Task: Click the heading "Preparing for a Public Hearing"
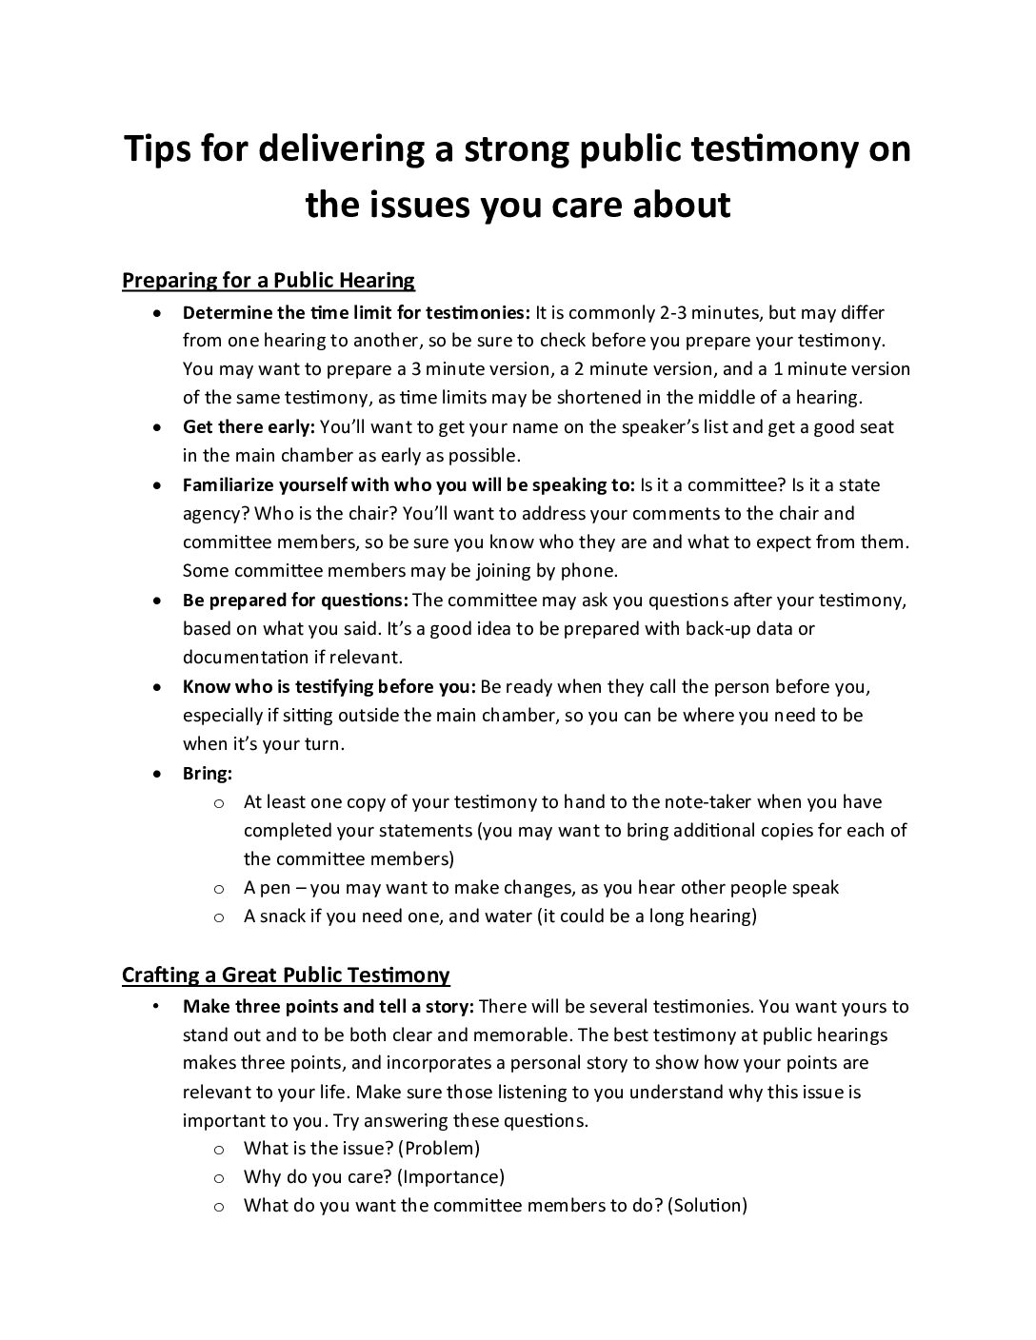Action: [x=269, y=281]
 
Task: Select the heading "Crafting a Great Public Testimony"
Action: [x=286, y=975]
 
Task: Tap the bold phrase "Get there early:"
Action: [x=249, y=427]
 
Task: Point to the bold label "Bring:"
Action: [x=208, y=774]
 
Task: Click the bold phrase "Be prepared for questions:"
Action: [x=295, y=601]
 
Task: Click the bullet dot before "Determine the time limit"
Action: [x=158, y=313]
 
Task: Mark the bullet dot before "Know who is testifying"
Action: [x=158, y=687]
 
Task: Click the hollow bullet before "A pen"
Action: [x=219, y=889]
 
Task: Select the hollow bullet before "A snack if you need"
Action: [x=219, y=917]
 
